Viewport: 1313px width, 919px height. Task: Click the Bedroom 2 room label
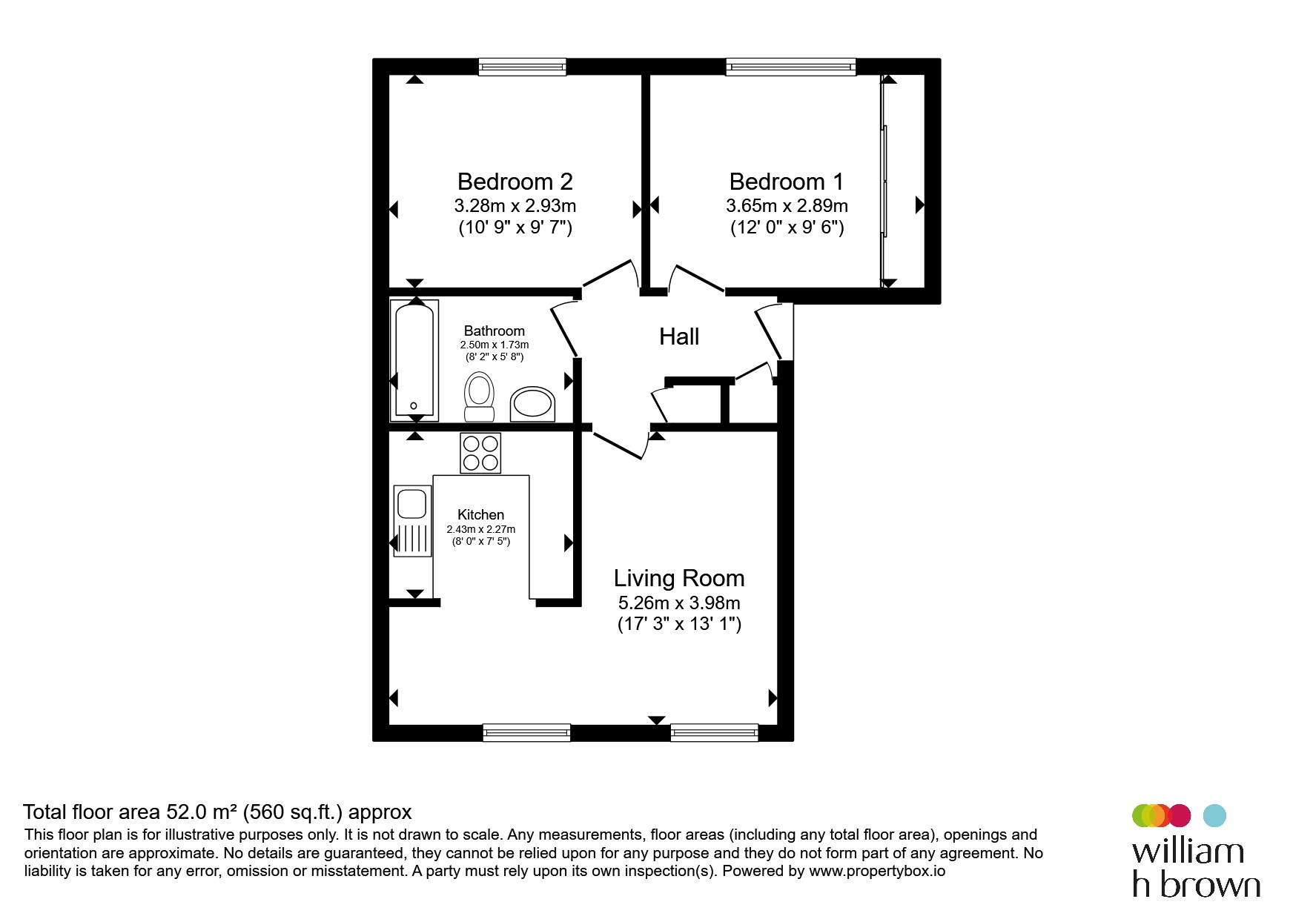point(515,182)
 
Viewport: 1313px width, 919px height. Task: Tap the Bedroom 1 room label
point(787,182)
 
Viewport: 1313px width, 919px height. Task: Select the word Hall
point(679,336)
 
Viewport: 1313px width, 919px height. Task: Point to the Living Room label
point(679,578)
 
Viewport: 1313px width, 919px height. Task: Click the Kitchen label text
point(480,514)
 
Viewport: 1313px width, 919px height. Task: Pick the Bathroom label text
point(494,331)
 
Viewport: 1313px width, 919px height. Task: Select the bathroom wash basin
point(532,405)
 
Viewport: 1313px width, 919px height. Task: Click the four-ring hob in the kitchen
point(480,453)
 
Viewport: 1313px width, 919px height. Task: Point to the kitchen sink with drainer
point(412,521)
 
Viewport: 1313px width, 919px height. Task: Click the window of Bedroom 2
point(523,67)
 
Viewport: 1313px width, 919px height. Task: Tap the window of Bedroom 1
point(791,67)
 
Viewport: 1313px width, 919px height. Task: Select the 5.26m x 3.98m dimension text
point(679,603)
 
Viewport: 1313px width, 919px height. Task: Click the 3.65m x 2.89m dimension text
point(787,205)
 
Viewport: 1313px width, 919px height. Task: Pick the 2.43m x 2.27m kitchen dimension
point(480,529)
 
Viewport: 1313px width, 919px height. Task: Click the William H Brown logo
point(1196,851)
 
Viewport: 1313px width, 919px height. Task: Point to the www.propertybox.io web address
point(877,871)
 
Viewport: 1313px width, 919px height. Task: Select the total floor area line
point(217,812)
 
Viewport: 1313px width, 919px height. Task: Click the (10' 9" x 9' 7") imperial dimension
point(515,227)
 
